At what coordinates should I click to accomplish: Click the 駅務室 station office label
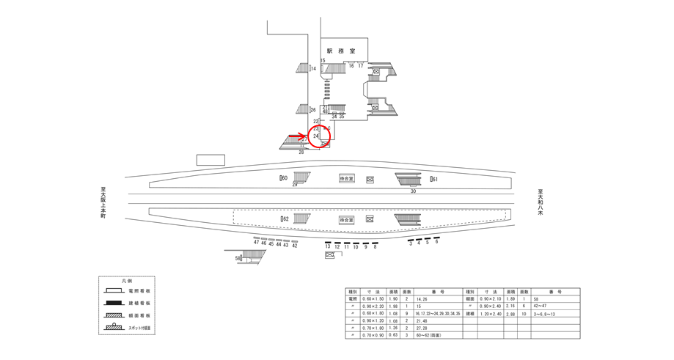coord(342,51)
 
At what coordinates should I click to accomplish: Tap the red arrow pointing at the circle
coord(296,136)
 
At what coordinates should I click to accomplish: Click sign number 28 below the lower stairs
coord(301,152)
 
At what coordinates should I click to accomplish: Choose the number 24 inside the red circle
coord(316,136)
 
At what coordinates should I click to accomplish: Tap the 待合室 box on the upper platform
coord(347,178)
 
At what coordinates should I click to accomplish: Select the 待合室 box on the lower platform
coord(347,219)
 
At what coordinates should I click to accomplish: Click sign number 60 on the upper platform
coord(284,178)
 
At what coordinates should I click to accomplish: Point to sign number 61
coord(433,179)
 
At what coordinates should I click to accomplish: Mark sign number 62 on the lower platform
coord(285,218)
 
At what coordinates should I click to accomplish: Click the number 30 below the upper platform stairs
coord(413,191)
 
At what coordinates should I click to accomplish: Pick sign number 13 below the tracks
coord(328,247)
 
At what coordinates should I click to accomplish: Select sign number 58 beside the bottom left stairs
coord(238,258)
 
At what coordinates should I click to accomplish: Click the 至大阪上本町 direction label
coord(103,202)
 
